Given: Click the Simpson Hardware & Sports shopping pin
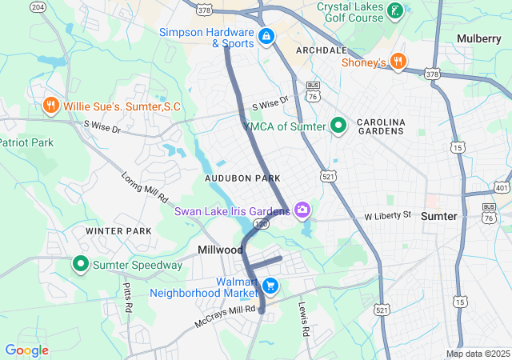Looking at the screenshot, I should click(x=266, y=36).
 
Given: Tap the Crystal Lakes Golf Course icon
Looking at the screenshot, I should click(x=394, y=11).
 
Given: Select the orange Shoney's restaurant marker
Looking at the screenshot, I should click(x=398, y=62).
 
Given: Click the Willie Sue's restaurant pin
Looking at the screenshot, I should click(x=50, y=106).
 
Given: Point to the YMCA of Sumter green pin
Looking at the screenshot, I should click(x=338, y=126).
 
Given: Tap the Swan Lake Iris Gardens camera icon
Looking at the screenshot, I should click(x=302, y=210).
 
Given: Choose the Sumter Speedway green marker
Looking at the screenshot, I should click(x=81, y=263).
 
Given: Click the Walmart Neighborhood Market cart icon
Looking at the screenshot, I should click(x=270, y=286).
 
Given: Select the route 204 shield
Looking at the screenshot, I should click(x=38, y=6).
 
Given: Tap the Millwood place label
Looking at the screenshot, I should click(x=221, y=250).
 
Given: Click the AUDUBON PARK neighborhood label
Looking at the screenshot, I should click(x=242, y=178).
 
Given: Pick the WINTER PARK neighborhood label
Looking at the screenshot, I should click(x=118, y=231).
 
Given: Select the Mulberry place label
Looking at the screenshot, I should click(x=478, y=38).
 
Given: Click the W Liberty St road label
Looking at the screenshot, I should click(x=387, y=216).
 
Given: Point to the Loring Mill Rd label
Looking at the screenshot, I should click(x=144, y=186).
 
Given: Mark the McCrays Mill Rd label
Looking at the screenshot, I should click(x=226, y=317).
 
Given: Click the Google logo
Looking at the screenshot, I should click(x=27, y=350).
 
